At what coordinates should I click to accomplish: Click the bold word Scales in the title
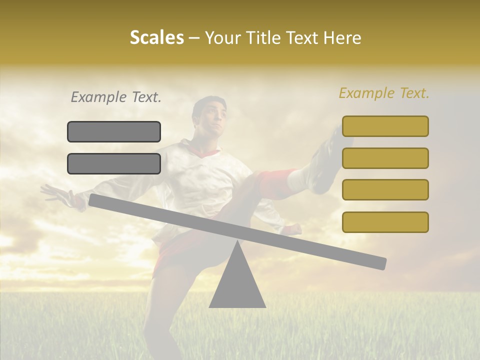(x=156, y=37)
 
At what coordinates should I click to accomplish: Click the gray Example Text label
(x=116, y=97)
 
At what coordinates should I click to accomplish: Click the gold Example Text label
(x=384, y=93)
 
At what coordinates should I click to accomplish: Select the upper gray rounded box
(x=114, y=131)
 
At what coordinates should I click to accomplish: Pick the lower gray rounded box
(x=114, y=163)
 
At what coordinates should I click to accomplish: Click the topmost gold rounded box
(x=385, y=126)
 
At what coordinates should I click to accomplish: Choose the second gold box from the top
(x=385, y=158)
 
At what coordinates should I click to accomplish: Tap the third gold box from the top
(x=385, y=190)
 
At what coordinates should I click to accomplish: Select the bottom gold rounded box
(x=385, y=222)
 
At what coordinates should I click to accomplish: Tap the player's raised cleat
(x=327, y=160)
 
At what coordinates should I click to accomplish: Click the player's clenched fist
(x=292, y=229)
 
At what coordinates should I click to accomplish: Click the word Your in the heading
(x=223, y=37)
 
